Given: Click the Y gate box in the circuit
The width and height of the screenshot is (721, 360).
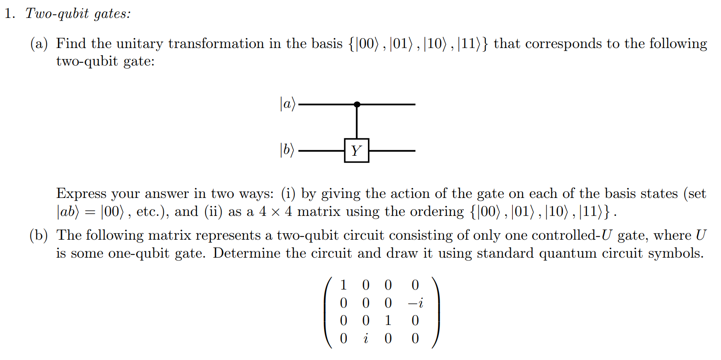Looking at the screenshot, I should tap(356, 150).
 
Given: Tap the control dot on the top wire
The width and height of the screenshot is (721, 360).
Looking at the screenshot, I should tap(357, 105).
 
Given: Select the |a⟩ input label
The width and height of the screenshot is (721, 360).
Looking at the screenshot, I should tap(287, 104).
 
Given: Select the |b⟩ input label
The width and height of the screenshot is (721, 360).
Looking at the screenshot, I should tap(287, 150).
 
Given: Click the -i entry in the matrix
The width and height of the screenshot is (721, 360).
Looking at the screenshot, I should tap(415, 303).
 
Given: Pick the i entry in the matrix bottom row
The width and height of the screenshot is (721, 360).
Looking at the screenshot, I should tap(366, 338).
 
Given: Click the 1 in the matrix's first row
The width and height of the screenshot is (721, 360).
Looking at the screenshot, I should tap(344, 285).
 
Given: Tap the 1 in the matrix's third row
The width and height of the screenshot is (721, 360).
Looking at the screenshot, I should tap(388, 320).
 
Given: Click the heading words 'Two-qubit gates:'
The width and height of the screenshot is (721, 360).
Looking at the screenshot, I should tap(78, 13).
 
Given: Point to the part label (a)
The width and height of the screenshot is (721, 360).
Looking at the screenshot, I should tap(39, 44).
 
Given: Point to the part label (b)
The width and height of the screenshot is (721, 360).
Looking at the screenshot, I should tap(39, 235).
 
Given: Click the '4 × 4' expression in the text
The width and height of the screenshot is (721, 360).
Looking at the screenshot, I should tap(275, 211).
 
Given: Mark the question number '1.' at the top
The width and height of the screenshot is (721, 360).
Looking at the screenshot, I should tap(10, 13).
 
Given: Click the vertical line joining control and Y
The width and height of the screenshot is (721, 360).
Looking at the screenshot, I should tap(357, 122).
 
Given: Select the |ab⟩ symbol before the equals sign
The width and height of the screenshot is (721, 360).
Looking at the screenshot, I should tap(68, 211).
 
